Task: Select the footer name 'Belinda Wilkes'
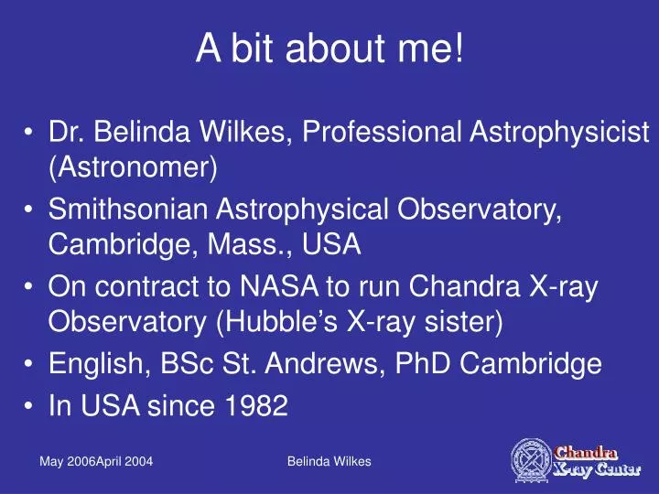tap(329, 462)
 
